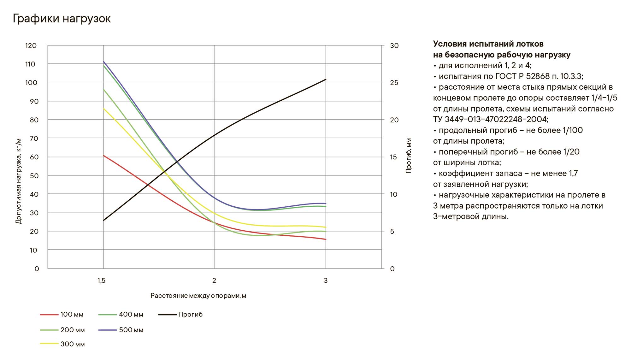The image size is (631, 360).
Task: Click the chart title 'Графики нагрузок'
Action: coord(62,19)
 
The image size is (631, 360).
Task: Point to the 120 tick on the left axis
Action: coord(31,46)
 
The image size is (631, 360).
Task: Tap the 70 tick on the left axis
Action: coord(34,139)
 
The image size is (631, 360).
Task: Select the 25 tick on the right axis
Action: coord(394,83)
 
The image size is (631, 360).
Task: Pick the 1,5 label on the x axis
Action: coord(101,280)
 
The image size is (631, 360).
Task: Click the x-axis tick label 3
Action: coord(326,280)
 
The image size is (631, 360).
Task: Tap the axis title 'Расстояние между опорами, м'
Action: coord(198,296)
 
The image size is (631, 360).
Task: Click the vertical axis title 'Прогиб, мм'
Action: coord(409,156)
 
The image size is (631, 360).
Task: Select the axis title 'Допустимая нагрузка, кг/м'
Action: coord(19,181)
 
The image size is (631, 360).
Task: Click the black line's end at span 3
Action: coord(326,80)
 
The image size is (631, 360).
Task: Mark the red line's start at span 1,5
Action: coord(104,156)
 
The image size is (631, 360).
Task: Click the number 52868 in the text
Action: coord(538,76)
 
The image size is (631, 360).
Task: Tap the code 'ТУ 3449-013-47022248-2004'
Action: coord(490,120)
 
